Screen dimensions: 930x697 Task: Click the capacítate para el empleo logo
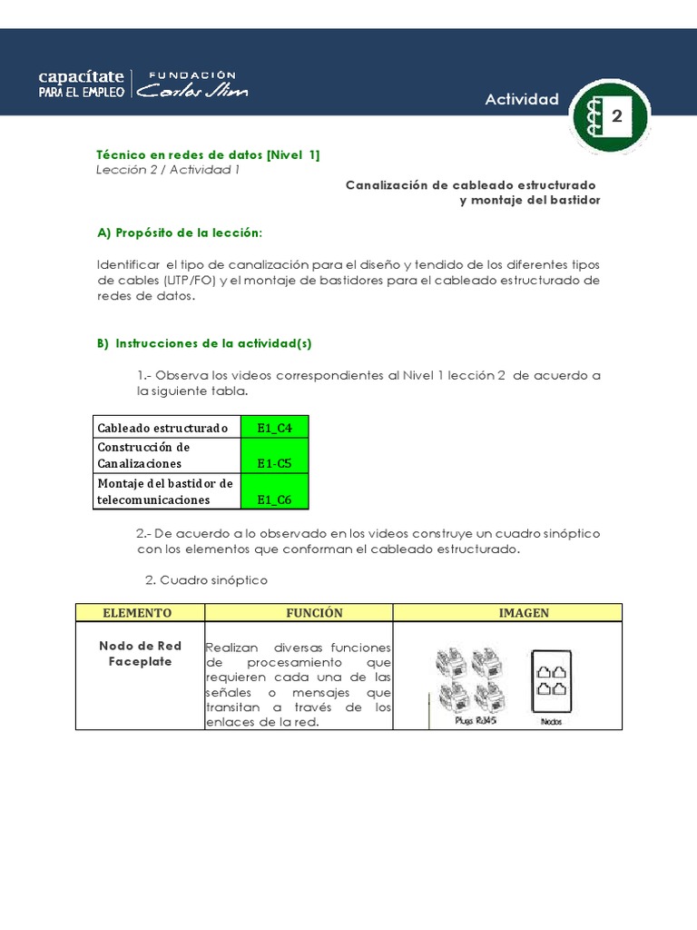click(x=82, y=83)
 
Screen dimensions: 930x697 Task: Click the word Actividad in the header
click(x=522, y=99)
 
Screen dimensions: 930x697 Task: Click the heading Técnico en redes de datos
click(x=208, y=155)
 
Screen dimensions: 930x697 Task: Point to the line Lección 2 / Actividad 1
click(x=168, y=171)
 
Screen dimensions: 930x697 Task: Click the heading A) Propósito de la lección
click(x=179, y=232)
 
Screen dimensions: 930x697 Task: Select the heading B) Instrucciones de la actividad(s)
click(x=204, y=343)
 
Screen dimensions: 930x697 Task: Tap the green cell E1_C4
click(x=274, y=427)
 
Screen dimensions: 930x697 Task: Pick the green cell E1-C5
click(x=274, y=463)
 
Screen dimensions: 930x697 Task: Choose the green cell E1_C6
click(x=274, y=499)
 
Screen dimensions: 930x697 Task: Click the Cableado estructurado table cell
click(x=166, y=427)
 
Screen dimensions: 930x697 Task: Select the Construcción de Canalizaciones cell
click(x=166, y=455)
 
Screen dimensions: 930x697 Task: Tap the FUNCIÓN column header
click(x=314, y=613)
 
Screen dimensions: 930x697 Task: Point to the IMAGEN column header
click(x=524, y=613)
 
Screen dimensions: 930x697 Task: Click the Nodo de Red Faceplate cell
click(x=140, y=654)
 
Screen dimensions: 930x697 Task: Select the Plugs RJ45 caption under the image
click(x=469, y=720)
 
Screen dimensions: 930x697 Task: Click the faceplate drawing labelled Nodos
click(x=551, y=681)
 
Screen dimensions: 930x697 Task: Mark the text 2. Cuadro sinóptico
click(x=206, y=579)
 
